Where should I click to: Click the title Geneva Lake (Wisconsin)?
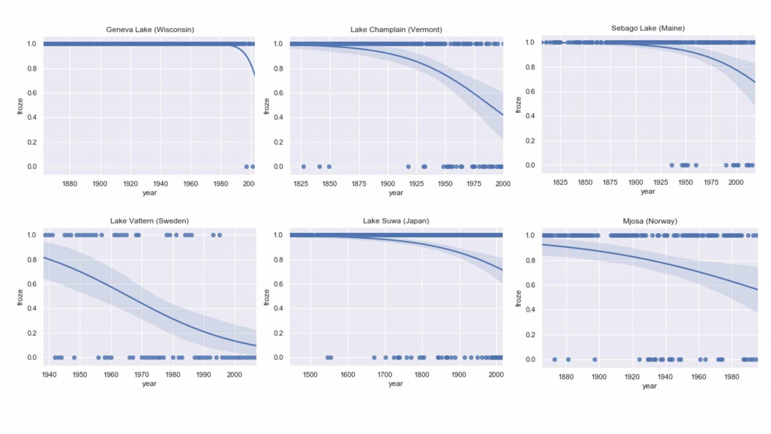[x=150, y=30]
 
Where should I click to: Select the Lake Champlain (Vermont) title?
[x=396, y=30]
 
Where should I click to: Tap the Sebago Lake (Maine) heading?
[x=648, y=28]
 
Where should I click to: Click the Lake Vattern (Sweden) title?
[x=149, y=221]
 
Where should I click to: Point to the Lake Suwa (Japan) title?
[x=396, y=221]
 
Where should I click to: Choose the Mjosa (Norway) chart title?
[x=650, y=221]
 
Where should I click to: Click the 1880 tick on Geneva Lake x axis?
[x=69, y=184]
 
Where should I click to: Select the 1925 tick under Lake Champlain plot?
[x=416, y=184]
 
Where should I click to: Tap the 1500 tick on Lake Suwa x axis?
[x=310, y=375]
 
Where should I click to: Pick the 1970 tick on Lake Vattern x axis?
[x=142, y=375]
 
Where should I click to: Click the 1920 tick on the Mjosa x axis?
[x=632, y=377]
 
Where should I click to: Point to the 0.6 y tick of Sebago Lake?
[x=530, y=92]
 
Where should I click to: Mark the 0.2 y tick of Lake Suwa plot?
[x=278, y=333]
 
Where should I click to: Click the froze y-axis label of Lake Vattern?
[x=20, y=297]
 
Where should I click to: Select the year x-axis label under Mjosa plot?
[x=649, y=386]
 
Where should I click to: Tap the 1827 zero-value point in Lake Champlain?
[x=304, y=167]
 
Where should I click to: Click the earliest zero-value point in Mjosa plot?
[x=555, y=360]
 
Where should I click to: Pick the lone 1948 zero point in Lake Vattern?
[x=74, y=358]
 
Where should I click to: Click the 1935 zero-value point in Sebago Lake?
[x=672, y=165]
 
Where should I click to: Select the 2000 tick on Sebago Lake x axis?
[x=736, y=182]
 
